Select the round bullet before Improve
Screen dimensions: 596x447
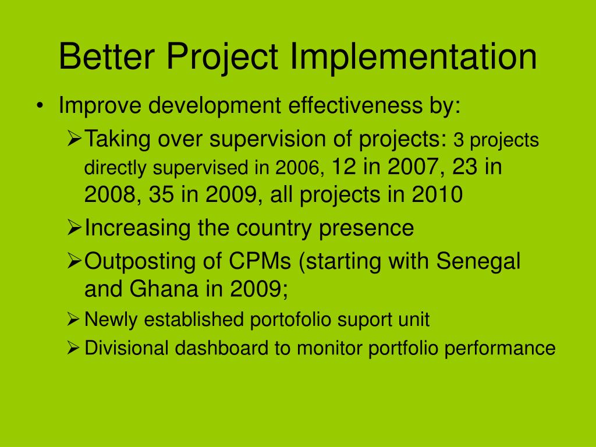(x=40, y=106)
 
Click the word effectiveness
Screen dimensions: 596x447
(x=355, y=105)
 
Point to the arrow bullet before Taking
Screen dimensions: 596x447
(x=74, y=139)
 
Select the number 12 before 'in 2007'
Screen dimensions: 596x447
(x=344, y=166)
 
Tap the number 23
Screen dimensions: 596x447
(x=464, y=166)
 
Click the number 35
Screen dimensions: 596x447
(x=162, y=194)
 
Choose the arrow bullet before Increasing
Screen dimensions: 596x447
(x=74, y=228)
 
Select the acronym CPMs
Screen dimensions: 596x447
(x=260, y=261)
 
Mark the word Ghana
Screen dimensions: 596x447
(x=164, y=289)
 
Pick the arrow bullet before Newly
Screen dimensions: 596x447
(x=73, y=320)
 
